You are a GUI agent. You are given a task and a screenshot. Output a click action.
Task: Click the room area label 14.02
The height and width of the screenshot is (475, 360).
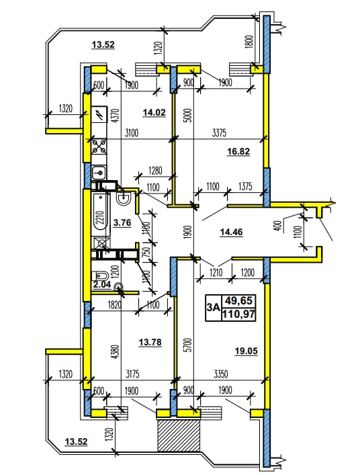point(154,113)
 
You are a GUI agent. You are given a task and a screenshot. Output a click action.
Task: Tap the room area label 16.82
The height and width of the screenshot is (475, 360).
point(238,151)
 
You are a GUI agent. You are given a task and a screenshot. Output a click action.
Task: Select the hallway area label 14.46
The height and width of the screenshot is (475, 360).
point(231,232)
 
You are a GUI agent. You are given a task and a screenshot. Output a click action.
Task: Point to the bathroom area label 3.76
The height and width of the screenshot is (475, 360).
point(122,223)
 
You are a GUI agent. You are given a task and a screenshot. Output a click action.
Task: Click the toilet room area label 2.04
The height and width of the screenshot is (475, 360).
point(101,285)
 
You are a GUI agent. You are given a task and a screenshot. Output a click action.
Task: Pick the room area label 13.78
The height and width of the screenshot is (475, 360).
point(150,343)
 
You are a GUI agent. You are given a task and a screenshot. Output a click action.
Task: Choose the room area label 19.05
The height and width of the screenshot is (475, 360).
point(246,351)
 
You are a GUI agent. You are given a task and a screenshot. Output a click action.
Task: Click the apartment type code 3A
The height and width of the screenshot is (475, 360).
point(213,308)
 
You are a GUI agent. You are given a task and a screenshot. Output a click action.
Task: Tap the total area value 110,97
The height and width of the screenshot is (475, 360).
point(238,314)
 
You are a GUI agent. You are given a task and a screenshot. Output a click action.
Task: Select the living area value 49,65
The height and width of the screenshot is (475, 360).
point(238,300)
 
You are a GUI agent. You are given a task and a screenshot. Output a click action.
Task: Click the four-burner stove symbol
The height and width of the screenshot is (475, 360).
point(99,146)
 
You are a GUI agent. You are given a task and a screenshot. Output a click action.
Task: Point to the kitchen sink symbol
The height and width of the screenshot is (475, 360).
point(99,173)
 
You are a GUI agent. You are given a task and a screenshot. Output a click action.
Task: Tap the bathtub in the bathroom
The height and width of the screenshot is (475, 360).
point(100,214)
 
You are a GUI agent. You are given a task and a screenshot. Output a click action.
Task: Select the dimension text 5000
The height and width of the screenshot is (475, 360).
point(189,115)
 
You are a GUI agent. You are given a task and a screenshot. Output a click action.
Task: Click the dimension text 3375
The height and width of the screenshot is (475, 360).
point(219,132)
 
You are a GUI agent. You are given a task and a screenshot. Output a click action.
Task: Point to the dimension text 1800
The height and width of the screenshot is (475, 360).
point(249,42)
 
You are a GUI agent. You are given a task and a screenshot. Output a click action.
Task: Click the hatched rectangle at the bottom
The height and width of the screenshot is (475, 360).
point(179,435)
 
